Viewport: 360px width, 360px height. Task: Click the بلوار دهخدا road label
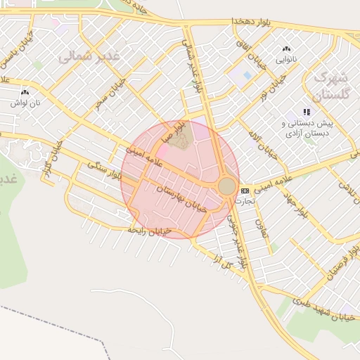tap(250, 22)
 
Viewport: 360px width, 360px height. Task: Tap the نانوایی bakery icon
tap(285, 49)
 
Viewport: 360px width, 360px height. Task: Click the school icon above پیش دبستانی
tap(306, 112)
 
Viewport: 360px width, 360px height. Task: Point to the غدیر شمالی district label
tap(90, 55)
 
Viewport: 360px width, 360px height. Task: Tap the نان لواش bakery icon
tap(25, 92)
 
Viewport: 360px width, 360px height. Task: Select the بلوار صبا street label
tap(181, 131)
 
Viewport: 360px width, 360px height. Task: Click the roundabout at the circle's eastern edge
tap(226, 186)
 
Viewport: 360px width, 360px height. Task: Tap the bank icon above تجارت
tap(245, 191)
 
